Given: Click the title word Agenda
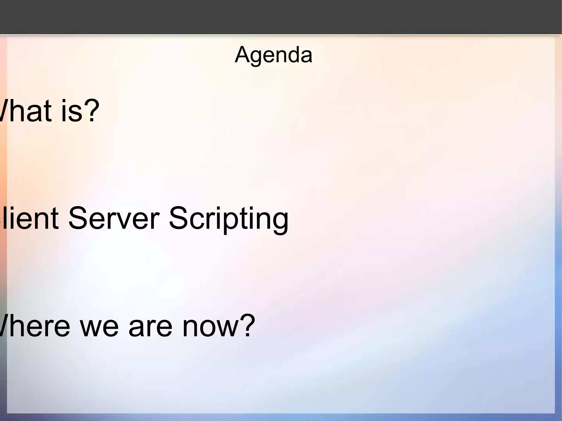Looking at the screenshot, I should point(273,55).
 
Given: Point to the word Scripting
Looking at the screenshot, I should point(228,220).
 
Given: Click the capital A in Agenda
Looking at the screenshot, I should point(241,55).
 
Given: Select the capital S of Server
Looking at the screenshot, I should point(78,218).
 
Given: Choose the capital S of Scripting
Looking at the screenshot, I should point(178,218).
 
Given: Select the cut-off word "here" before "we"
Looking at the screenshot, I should point(34,327).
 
